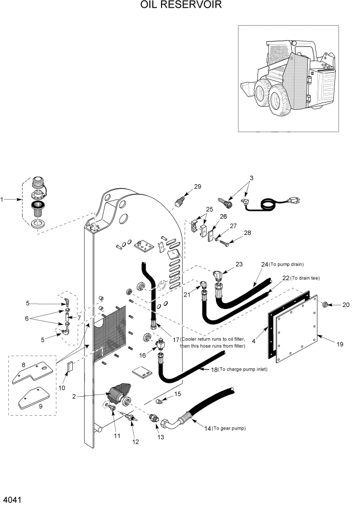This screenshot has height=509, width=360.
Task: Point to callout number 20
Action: click(346, 305)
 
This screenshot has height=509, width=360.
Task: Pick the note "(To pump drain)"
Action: click(287, 265)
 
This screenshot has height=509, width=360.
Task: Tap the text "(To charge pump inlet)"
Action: click(242, 369)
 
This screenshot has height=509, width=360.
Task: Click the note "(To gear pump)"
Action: click(229, 428)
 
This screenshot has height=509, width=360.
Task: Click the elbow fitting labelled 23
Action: click(218, 275)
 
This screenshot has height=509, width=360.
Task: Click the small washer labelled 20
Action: click(325, 305)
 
